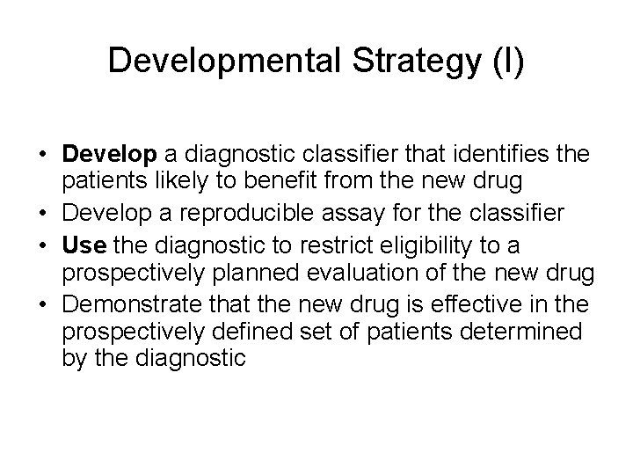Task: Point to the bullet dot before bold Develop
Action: [44, 156]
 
